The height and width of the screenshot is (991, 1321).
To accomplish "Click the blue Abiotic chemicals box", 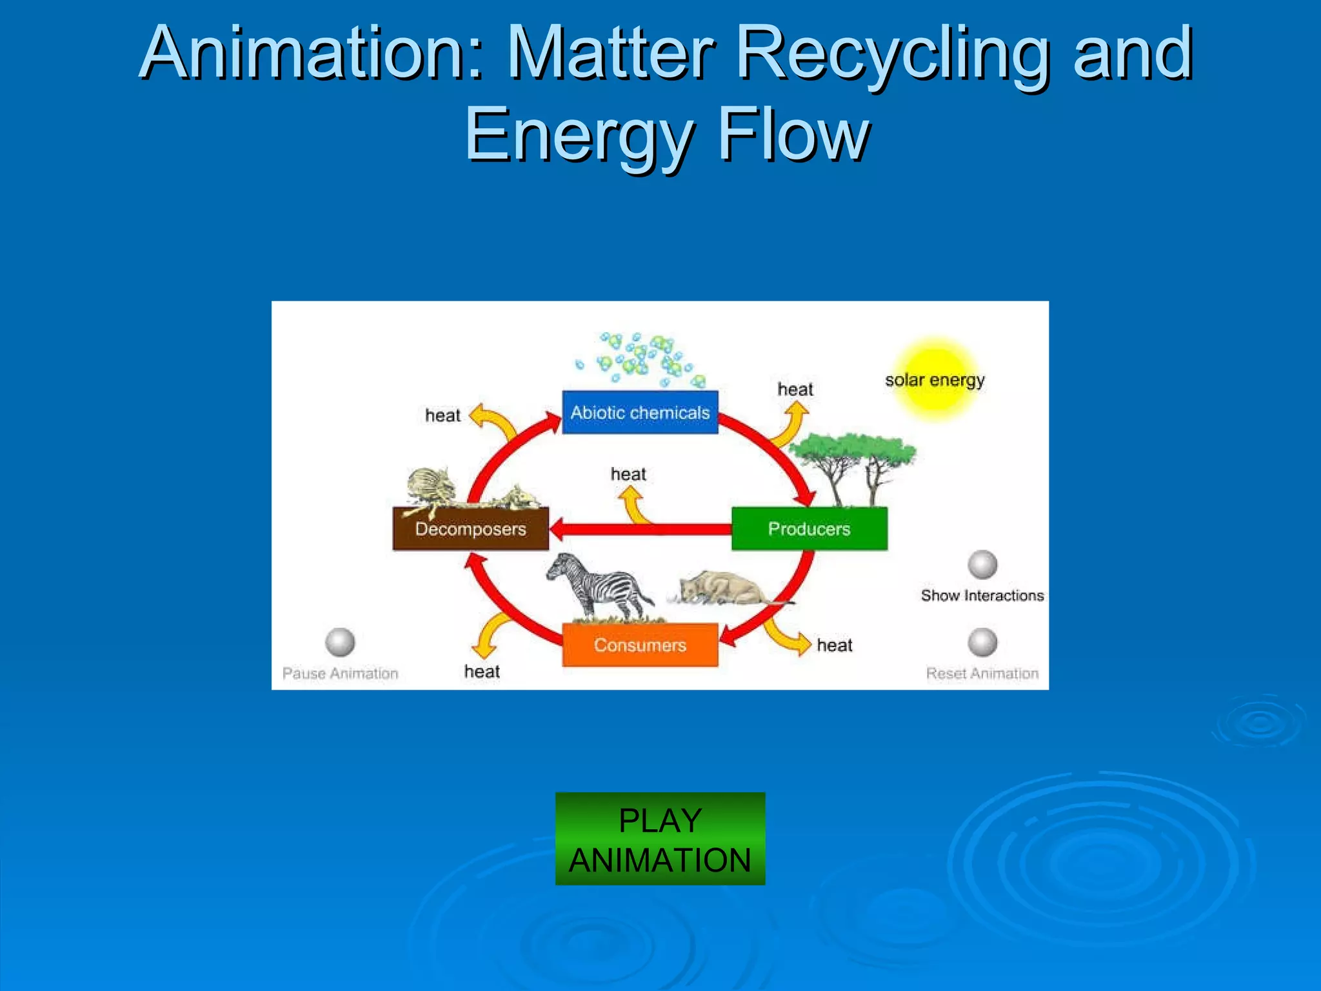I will pyautogui.click(x=640, y=412).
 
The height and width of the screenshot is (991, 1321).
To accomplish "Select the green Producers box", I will pyautogui.click(x=809, y=528).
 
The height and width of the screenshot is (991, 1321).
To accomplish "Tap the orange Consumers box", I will pyautogui.click(x=640, y=645).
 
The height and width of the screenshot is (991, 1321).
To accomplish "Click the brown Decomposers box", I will pyautogui.click(x=470, y=528).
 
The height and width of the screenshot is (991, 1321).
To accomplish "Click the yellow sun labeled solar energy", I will pyautogui.click(x=935, y=380).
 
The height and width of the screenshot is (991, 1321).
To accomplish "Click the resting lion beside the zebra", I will pyautogui.click(x=726, y=587).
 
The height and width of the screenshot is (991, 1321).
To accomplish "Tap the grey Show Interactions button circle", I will pyautogui.click(x=982, y=565).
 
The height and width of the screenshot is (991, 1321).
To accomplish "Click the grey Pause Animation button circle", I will pyautogui.click(x=340, y=642).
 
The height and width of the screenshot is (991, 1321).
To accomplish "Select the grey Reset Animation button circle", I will pyautogui.click(x=982, y=642).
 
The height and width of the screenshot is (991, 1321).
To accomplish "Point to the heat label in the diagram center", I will pyautogui.click(x=628, y=474).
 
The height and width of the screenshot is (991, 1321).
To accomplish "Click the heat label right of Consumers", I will pyautogui.click(x=834, y=645).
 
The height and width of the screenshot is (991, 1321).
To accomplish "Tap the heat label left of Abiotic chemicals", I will pyautogui.click(x=442, y=415).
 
